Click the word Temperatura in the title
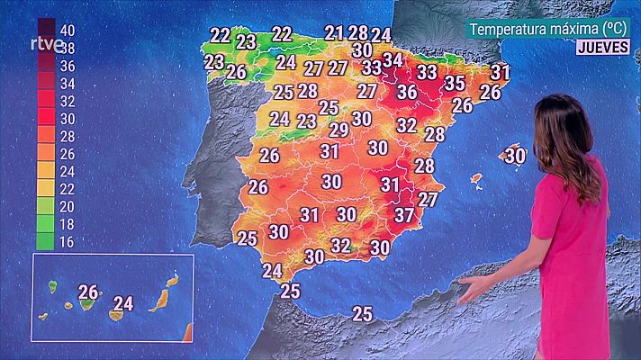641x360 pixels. pos(511,29)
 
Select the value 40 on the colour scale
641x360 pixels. pos(66,30)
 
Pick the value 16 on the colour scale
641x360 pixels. pos(66,240)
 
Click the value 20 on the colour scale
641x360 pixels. pos(66,205)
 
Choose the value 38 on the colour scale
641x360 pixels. pos(66,47)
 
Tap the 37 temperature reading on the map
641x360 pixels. pos(404,215)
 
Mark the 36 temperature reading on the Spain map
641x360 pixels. pos(407,92)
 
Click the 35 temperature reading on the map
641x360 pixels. pos(455,84)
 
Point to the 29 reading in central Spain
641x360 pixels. pos(339,130)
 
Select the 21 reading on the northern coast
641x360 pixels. pos(335,33)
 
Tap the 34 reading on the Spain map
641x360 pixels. pos(393,60)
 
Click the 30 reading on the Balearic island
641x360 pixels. pos(515,156)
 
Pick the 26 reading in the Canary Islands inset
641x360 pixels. pos(88,292)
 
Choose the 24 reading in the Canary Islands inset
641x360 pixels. pos(123,304)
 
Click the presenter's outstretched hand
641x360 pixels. pos(475,288)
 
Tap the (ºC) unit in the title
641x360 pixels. pos(615,29)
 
